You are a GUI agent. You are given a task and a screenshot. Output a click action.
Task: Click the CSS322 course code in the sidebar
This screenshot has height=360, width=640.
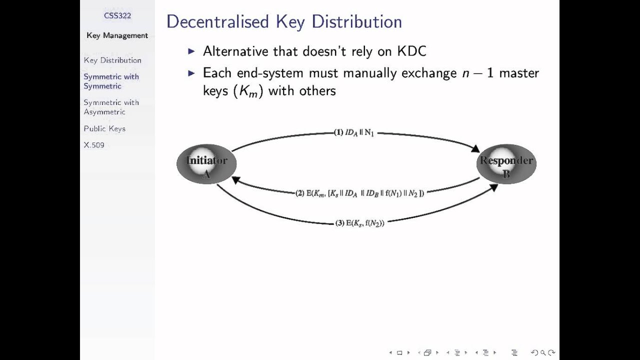click(117, 15)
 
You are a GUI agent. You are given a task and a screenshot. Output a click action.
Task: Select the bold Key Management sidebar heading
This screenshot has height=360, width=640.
click(117, 35)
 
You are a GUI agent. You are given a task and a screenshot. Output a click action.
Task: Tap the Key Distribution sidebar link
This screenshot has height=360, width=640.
click(112, 60)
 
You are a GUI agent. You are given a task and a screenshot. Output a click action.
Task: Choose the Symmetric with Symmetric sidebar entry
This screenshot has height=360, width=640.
click(111, 81)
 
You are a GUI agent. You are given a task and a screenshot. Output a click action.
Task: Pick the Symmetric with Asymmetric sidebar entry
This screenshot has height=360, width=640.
click(111, 107)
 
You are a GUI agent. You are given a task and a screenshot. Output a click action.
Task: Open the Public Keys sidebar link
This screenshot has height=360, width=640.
click(104, 128)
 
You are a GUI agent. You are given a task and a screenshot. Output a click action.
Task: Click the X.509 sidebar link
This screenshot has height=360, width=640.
click(94, 145)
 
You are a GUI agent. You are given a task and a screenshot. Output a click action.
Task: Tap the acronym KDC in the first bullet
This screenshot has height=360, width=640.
click(411, 51)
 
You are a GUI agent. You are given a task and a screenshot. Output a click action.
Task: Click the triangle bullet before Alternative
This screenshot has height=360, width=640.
click(191, 51)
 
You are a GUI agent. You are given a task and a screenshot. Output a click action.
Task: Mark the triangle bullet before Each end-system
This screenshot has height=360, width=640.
click(191, 73)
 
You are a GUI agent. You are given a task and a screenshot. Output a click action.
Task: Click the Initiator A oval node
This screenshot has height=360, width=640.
click(206, 164)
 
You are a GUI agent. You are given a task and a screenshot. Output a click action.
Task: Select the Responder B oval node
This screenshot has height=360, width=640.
click(506, 164)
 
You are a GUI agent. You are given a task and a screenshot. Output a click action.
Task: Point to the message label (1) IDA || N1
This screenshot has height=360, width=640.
click(354, 133)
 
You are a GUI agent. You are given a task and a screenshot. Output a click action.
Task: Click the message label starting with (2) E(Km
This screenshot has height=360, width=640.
click(359, 193)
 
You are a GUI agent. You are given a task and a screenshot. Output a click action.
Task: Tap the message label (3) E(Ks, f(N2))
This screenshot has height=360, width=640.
click(359, 223)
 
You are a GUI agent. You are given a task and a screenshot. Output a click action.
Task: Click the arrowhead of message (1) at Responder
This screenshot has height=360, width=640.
click(475, 148)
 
